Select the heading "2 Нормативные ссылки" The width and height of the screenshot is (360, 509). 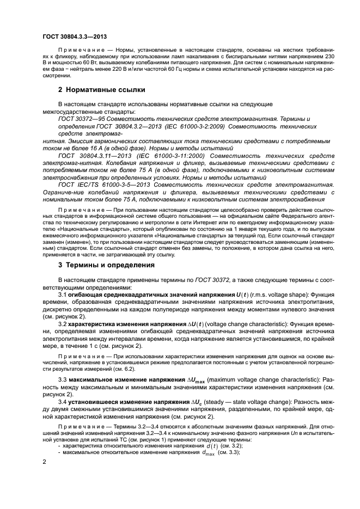(x=101, y=89)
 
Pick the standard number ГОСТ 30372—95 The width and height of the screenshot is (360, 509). (x=83, y=118)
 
